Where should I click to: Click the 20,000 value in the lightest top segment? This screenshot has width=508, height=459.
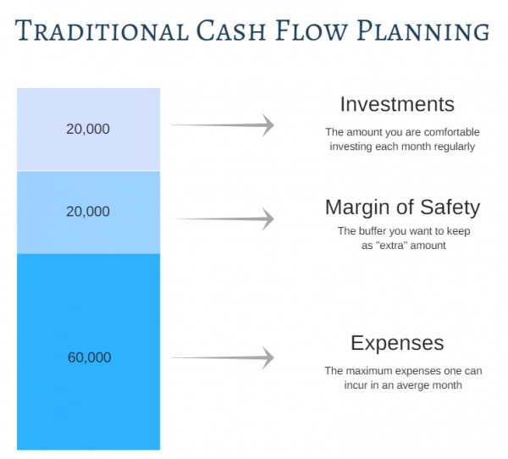(88, 129)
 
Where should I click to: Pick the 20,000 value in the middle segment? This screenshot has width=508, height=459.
(88, 211)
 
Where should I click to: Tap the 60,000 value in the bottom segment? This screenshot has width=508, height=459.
(89, 357)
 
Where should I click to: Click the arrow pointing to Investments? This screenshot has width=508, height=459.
(224, 125)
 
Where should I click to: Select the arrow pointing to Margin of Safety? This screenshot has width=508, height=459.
(224, 218)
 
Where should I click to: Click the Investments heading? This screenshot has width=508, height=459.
(397, 104)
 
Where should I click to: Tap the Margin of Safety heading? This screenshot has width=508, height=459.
(402, 207)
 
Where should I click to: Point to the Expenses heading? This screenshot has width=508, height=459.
(397, 343)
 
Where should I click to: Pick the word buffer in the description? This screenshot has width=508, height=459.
(375, 230)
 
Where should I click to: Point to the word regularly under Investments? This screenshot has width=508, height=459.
(453, 146)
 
